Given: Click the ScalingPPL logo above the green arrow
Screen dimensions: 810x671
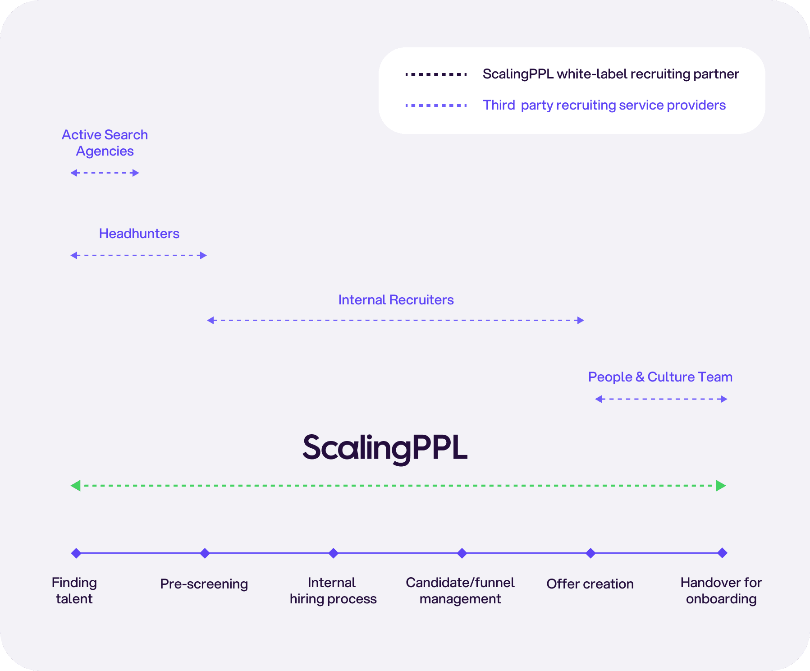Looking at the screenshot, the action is click(x=385, y=448).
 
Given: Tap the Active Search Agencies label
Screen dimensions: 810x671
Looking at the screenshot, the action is click(x=105, y=143).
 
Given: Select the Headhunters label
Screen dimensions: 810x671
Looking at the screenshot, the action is click(x=139, y=234).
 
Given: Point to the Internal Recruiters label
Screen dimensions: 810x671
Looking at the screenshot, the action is click(x=396, y=300).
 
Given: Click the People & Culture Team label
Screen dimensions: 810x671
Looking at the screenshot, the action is click(x=660, y=377).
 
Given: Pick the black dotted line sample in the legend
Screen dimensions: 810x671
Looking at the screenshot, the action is click(x=436, y=74).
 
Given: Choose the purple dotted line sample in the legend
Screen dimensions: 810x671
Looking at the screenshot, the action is click(x=436, y=106).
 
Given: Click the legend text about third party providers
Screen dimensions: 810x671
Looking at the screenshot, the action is click(x=604, y=105).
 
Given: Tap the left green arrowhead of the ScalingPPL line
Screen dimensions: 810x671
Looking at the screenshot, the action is click(x=76, y=486).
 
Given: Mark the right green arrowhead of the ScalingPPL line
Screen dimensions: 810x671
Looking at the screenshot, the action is click(x=721, y=486).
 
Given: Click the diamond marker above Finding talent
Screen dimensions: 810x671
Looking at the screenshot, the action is click(x=76, y=553).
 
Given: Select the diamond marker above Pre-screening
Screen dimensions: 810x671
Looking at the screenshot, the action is click(x=205, y=553).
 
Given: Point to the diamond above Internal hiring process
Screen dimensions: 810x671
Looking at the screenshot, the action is click(x=333, y=553).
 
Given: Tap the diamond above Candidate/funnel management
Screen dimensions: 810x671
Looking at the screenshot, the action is click(x=462, y=553).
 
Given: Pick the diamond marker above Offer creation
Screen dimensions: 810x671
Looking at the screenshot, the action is click(x=590, y=553).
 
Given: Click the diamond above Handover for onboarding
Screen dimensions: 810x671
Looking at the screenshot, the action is click(x=722, y=553).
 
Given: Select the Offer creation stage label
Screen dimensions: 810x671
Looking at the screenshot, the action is click(x=590, y=584).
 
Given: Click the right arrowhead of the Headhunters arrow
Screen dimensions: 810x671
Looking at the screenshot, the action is click(x=204, y=255).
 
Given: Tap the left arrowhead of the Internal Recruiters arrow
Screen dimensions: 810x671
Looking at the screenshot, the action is click(x=210, y=320).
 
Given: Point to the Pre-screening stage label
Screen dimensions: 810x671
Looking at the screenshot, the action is click(x=204, y=584).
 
